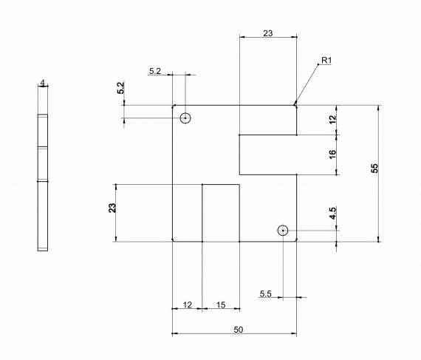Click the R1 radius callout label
pos(326,61)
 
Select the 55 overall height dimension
pos(374,168)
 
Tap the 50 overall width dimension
pos(239,330)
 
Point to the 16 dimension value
pos(332,154)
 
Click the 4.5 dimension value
pos(332,214)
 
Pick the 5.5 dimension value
pos(265,294)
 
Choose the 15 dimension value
pos(221,305)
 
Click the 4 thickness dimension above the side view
pos(43,83)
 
